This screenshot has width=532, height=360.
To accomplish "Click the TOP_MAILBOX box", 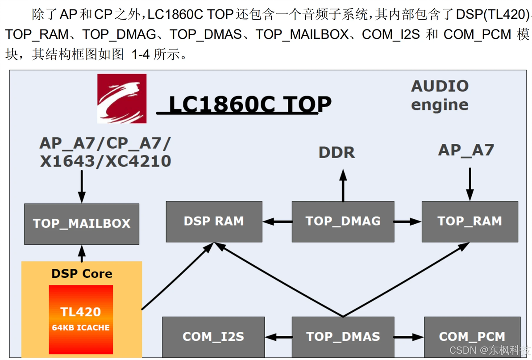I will tap(82, 223).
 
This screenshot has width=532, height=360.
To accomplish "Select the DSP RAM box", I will tap(214, 221).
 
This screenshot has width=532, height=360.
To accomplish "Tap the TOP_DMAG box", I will tap(343, 221).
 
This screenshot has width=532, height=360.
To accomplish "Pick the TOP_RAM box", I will tap(470, 221).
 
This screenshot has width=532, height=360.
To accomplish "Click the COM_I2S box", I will tap(213, 337).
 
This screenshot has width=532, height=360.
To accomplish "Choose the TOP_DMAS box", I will tap(343, 337).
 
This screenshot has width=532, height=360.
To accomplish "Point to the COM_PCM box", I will tap(472, 337).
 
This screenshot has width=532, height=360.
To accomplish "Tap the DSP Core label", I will tap(82, 273).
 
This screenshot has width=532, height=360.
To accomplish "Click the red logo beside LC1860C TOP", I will tap(122, 99).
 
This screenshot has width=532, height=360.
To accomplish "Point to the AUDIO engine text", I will tap(440, 95).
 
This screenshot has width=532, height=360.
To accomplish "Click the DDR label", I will tap(337, 152).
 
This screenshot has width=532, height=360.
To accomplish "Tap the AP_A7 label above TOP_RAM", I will tap(466, 150).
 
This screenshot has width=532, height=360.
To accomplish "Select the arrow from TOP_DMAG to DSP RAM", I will tap(277, 221).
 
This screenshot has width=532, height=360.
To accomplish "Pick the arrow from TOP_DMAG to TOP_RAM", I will tap(407, 221).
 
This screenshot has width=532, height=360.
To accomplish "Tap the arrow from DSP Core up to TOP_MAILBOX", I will tap(82, 253).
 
